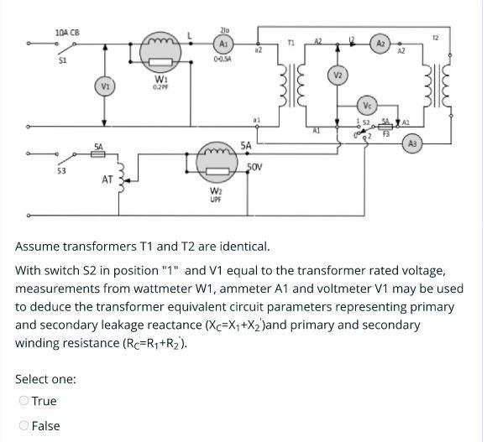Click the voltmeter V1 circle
[x=104, y=85]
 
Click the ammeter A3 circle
[x=411, y=144]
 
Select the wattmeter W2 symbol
[x=216, y=161]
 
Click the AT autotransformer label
[x=107, y=179]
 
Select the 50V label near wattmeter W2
[x=256, y=167]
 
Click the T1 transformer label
[x=291, y=42]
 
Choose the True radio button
[x=24, y=401]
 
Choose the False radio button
[x=24, y=425]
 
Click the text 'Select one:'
[x=46, y=379]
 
